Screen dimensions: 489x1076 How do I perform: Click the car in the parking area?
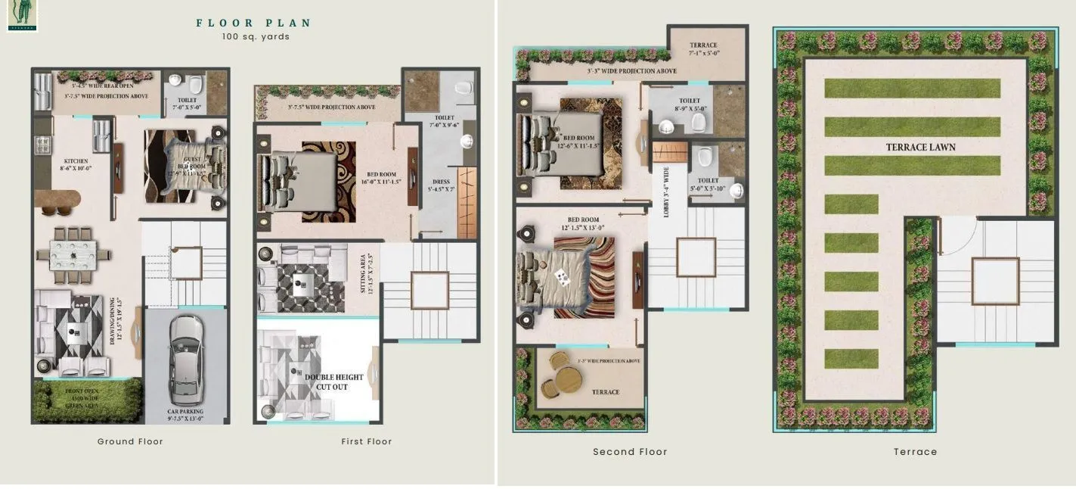point(185,360)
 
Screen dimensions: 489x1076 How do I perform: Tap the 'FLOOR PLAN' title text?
point(253,23)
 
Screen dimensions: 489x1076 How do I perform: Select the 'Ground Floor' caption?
point(130,441)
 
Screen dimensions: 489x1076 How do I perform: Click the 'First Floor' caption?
point(367,441)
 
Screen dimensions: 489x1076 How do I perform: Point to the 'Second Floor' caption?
point(630,452)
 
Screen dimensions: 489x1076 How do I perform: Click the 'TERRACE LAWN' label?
point(920,147)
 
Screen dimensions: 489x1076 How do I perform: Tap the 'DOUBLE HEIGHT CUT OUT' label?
point(333,382)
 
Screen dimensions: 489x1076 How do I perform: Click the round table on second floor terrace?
point(562,376)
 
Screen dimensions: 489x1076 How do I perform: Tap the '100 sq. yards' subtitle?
point(256,37)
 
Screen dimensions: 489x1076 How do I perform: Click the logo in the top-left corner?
point(22,15)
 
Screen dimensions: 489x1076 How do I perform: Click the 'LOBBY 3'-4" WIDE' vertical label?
point(666,193)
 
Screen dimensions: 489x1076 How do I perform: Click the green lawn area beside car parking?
point(87,400)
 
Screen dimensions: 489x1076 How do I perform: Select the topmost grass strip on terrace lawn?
point(912,88)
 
